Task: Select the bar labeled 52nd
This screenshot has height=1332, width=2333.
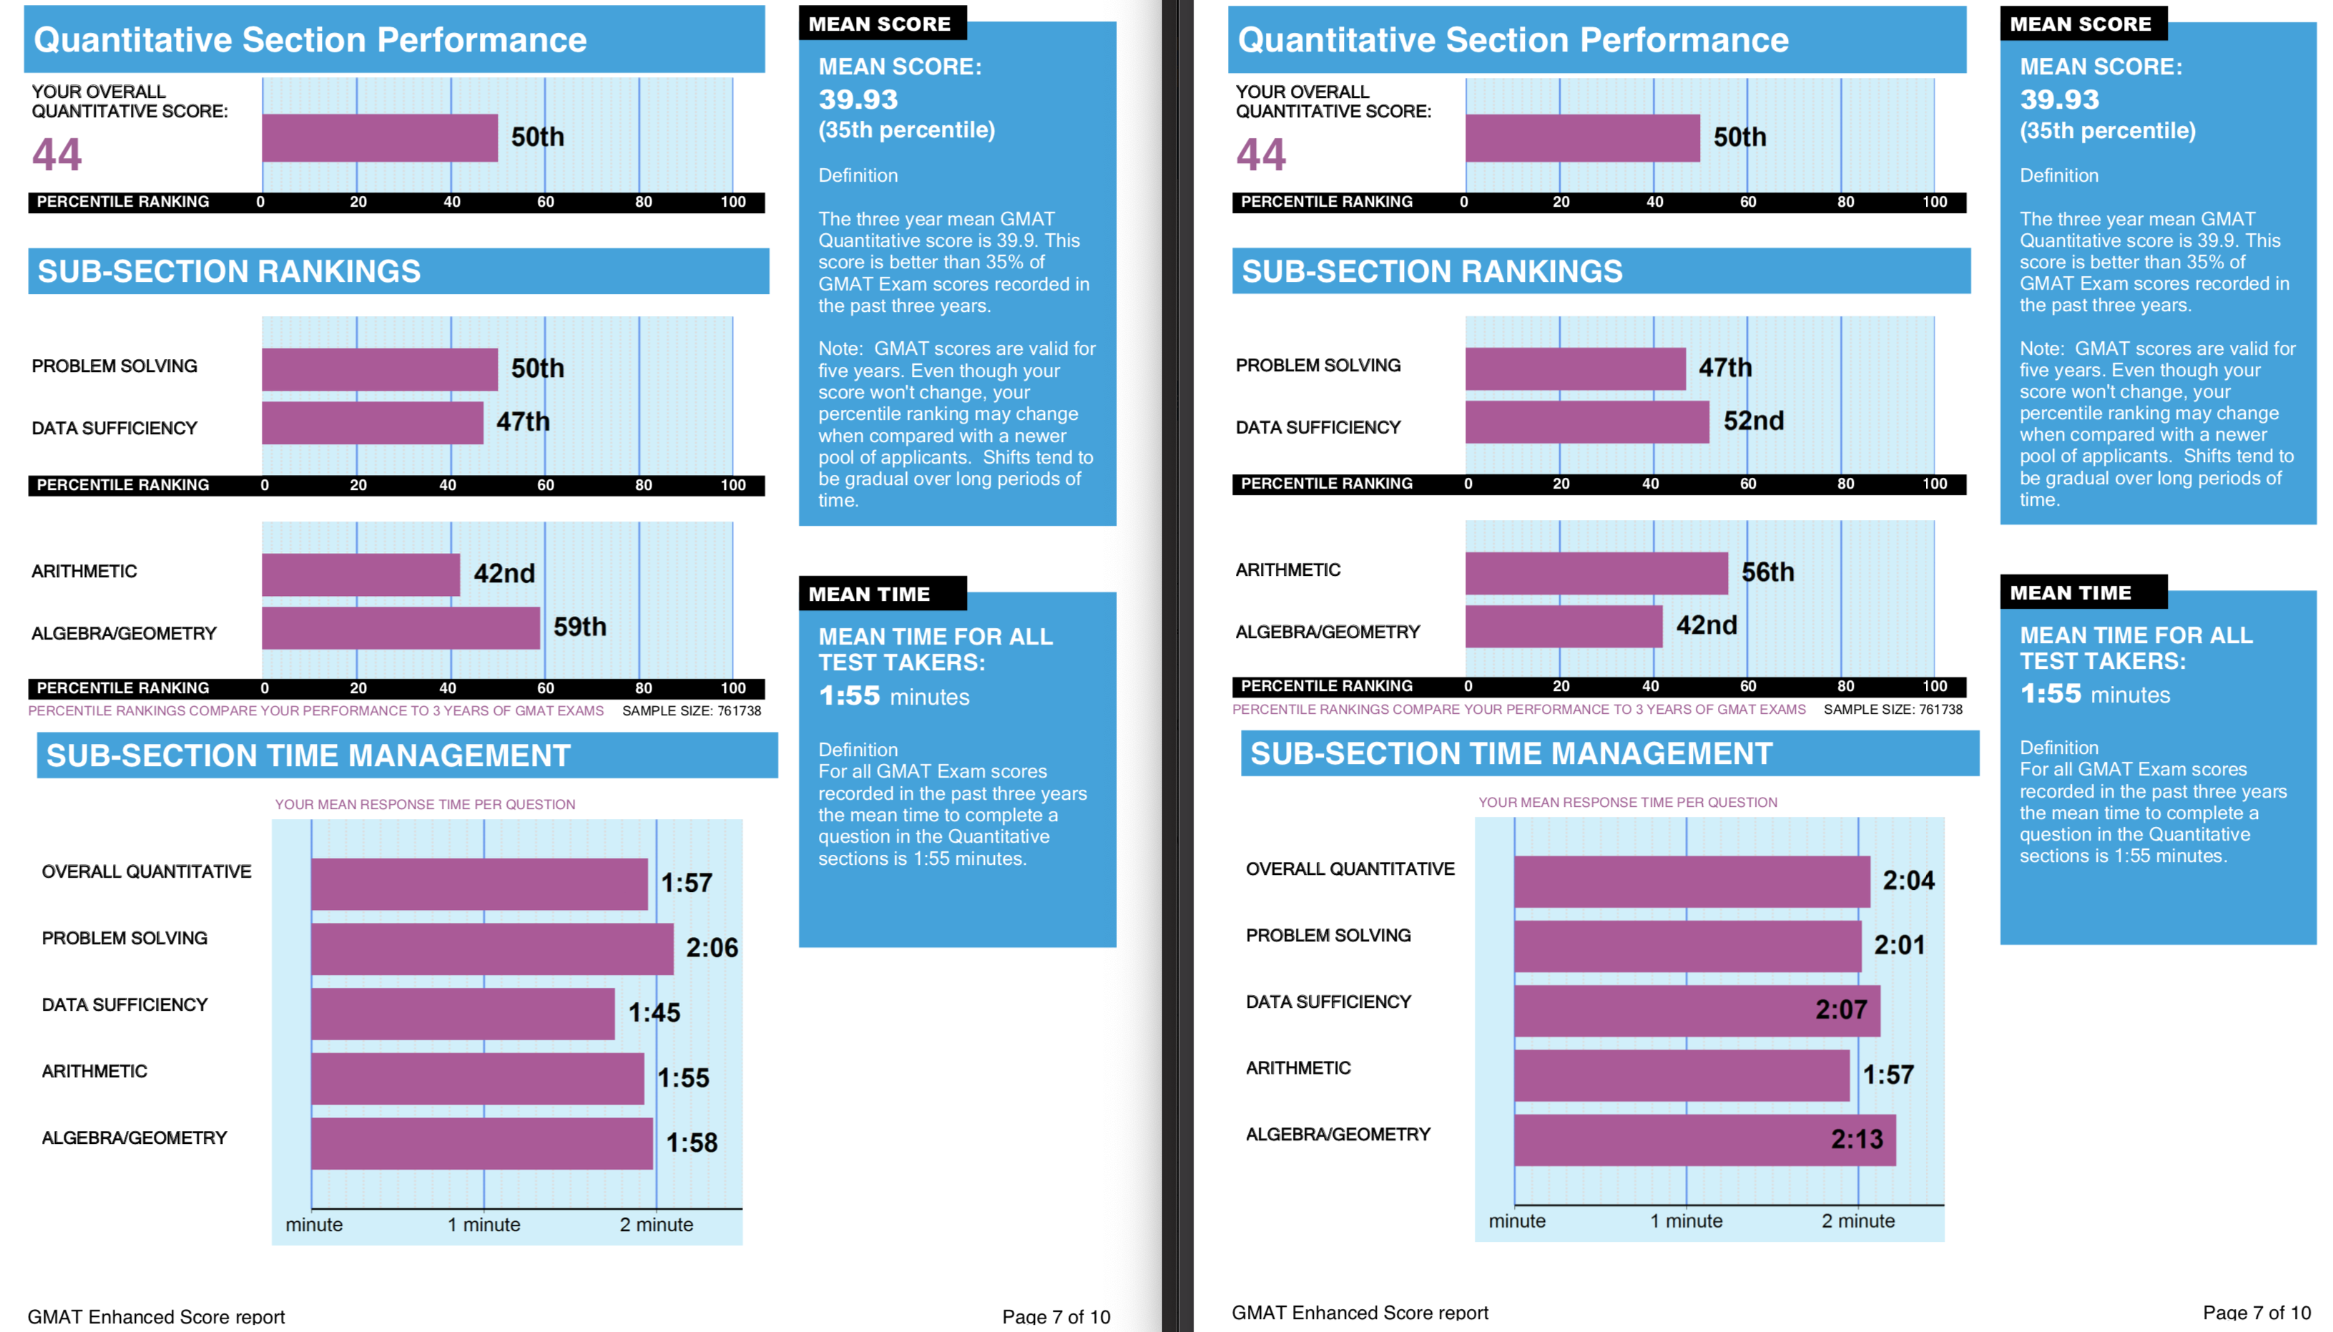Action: [1587, 422]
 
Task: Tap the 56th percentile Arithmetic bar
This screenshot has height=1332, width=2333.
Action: [1596, 573]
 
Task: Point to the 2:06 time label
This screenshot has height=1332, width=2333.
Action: [712, 948]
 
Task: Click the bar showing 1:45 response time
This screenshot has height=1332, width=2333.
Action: [463, 1014]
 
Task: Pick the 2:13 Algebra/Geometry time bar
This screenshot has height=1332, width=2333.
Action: [1705, 1140]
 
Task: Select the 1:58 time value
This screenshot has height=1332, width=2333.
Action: [692, 1142]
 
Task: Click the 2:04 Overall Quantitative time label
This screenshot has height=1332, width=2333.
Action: [1909, 881]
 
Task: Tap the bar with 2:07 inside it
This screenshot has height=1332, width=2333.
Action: [1697, 1011]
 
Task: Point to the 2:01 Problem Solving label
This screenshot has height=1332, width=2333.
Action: [1900, 945]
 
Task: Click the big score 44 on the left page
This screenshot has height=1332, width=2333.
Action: [57, 154]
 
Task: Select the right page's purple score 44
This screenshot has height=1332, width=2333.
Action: [1260, 154]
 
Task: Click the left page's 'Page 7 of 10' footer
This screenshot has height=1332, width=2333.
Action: [1056, 1316]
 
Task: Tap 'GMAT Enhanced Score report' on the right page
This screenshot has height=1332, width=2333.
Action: [1360, 1313]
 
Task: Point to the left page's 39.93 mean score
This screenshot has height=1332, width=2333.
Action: [858, 99]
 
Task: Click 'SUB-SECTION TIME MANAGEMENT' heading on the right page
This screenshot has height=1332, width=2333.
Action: [1511, 754]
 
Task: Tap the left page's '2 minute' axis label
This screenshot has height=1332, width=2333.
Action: [656, 1225]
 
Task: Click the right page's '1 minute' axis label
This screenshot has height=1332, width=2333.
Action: [1686, 1221]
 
